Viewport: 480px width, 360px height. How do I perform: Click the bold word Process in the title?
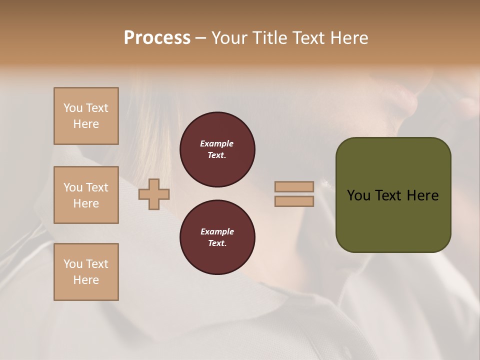click(157, 38)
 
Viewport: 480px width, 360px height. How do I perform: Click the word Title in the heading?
click(268, 38)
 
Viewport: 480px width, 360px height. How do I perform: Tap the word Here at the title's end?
click(348, 38)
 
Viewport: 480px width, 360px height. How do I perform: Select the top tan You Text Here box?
click(86, 116)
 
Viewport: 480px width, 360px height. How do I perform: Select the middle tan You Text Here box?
click(86, 195)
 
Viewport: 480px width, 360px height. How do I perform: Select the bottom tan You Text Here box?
click(86, 272)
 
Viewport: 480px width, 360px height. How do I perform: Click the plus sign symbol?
click(154, 194)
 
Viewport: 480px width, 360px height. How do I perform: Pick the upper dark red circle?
click(217, 149)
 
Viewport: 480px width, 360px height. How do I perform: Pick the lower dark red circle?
click(217, 237)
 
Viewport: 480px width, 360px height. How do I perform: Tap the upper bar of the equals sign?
click(294, 187)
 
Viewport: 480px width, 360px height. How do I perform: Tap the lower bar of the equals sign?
click(294, 201)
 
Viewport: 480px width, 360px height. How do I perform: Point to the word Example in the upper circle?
click(217, 143)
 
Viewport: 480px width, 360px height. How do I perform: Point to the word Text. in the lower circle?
click(217, 243)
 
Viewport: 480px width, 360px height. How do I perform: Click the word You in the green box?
click(358, 195)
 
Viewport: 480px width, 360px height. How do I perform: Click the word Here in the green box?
click(422, 195)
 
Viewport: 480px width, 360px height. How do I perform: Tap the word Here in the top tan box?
click(86, 124)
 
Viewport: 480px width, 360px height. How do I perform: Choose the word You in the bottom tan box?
click(73, 264)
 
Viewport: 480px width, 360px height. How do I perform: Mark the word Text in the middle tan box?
click(97, 187)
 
